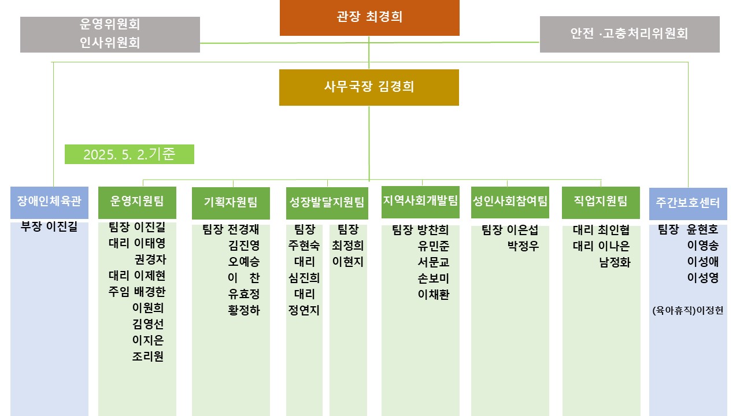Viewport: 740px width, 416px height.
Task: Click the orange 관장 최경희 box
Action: click(369, 17)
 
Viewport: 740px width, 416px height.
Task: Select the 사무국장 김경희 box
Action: click(369, 87)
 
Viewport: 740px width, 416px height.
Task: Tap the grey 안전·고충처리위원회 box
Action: click(630, 34)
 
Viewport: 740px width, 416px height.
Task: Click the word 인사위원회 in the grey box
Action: click(110, 43)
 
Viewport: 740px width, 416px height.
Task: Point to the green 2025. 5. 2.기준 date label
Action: click(129, 154)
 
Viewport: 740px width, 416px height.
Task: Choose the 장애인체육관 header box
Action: click(49, 202)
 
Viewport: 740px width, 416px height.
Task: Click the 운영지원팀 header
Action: click(137, 202)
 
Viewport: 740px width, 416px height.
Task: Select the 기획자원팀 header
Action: click(231, 203)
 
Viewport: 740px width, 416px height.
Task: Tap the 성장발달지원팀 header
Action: click(327, 203)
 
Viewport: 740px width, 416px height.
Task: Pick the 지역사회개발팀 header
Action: click(420, 202)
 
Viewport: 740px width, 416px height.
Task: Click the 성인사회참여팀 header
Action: click(510, 202)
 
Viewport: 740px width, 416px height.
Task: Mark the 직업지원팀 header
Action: click(601, 202)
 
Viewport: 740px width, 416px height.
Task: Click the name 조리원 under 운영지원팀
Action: click(147, 356)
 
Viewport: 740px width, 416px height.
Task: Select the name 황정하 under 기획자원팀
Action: click(244, 310)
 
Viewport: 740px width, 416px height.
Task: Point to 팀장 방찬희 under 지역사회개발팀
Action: click(420, 230)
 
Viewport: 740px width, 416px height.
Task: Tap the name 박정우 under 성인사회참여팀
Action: click(523, 246)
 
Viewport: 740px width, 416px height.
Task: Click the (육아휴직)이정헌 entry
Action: click(688, 310)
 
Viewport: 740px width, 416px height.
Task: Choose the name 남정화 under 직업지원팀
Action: click(615, 262)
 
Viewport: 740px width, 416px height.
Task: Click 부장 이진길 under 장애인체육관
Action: click(49, 226)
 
